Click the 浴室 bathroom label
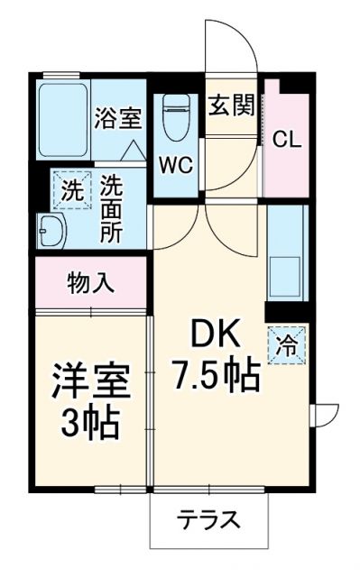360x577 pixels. (x=118, y=118)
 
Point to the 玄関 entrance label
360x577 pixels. (x=232, y=107)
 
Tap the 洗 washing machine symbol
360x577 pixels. (x=71, y=190)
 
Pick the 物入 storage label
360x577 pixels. (x=91, y=283)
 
